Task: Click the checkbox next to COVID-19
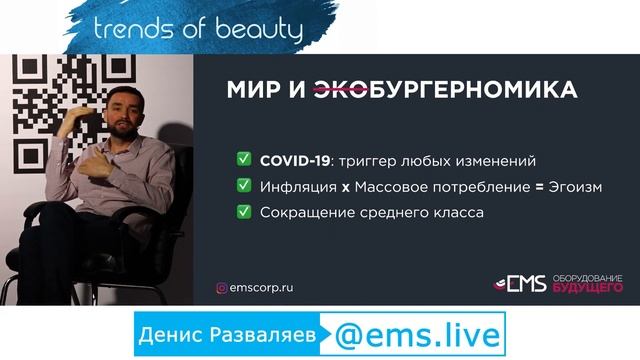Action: [243, 160]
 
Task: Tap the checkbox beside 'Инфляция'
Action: [243, 186]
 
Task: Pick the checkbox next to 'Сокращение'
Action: [243, 212]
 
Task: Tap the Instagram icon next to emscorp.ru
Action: [222, 288]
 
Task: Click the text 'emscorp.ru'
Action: [262, 288]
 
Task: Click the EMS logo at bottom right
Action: [520, 285]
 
